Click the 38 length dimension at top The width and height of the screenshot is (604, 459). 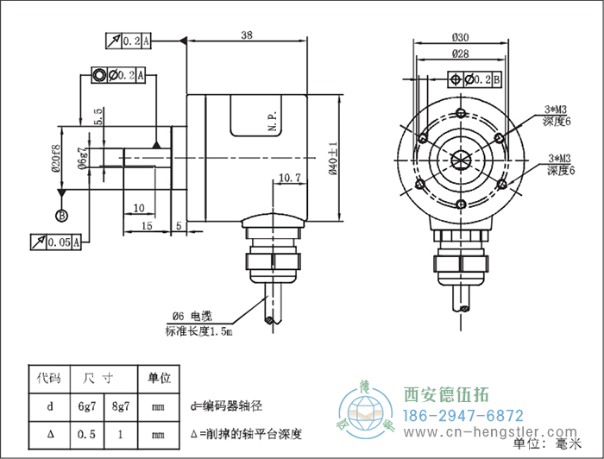[x=247, y=35]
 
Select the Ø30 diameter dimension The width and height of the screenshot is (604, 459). [x=460, y=37]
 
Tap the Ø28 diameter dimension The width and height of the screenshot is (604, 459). [x=460, y=53]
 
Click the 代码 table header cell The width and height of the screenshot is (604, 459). [x=48, y=378]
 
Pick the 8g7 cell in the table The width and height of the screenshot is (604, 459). [x=121, y=405]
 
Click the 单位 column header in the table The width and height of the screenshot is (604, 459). [x=159, y=378]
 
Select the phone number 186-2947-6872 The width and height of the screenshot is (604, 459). [x=464, y=415]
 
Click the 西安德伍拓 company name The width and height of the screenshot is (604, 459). [x=447, y=395]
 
